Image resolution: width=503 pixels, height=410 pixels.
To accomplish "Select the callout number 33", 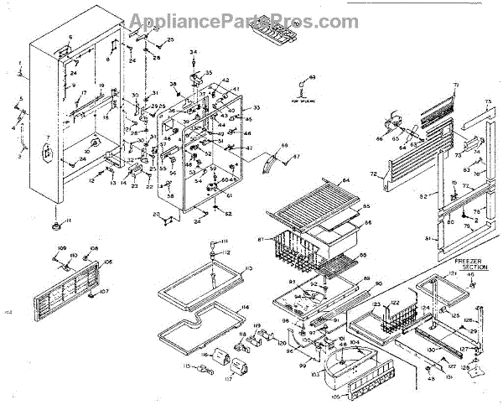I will click(256, 108).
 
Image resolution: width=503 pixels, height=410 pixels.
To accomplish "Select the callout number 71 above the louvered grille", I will click(457, 86).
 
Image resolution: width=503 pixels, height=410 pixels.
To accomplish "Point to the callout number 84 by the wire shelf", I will click(344, 179).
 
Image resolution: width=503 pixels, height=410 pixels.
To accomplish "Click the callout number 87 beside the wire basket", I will click(261, 240).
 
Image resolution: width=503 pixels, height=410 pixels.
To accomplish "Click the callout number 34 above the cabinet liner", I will click(193, 53).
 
